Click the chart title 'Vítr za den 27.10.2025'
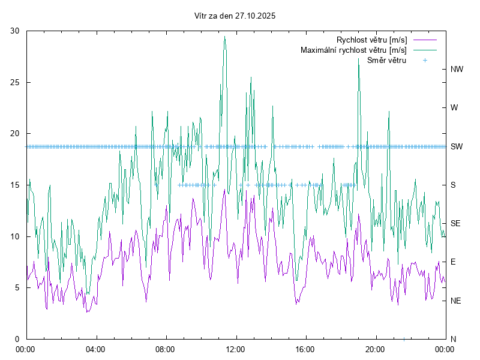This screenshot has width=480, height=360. coord(235,16)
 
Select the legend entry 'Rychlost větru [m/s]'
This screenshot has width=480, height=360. coord(371,40)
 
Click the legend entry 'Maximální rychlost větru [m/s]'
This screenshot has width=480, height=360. coord(353,50)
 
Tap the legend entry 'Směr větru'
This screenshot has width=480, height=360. coord(386,60)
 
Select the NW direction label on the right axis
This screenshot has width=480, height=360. coord(457,70)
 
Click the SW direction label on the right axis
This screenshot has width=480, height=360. coord(457,146)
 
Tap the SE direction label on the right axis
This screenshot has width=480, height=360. coord(455,223)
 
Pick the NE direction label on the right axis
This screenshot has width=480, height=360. coord(455,301)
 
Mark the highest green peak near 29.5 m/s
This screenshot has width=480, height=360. coord(225,37)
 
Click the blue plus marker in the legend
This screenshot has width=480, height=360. coord(425,60)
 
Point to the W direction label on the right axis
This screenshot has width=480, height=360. coord(454,108)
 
